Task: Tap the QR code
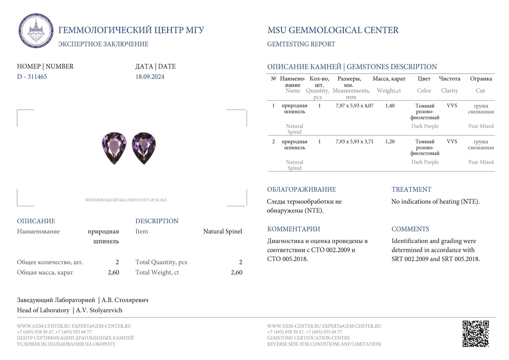pos(476,334)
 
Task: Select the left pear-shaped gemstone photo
pos(114,148)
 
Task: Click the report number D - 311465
pos(32,77)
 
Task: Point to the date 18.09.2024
pos(150,77)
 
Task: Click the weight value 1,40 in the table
pos(390,106)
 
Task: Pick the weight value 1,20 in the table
pos(390,142)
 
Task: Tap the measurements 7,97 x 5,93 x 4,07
pos(354,106)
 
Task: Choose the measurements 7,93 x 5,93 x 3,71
pos(354,142)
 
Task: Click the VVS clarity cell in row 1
pos(452,106)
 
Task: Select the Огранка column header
pos(481,79)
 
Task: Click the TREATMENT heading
pos(411,190)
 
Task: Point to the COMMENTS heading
pos(410,229)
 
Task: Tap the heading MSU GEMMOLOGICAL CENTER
pos(333,30)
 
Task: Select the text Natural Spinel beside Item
pos(222,232)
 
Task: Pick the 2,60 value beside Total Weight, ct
pos(236,272)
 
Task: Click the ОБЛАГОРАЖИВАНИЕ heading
pos(301,190)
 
